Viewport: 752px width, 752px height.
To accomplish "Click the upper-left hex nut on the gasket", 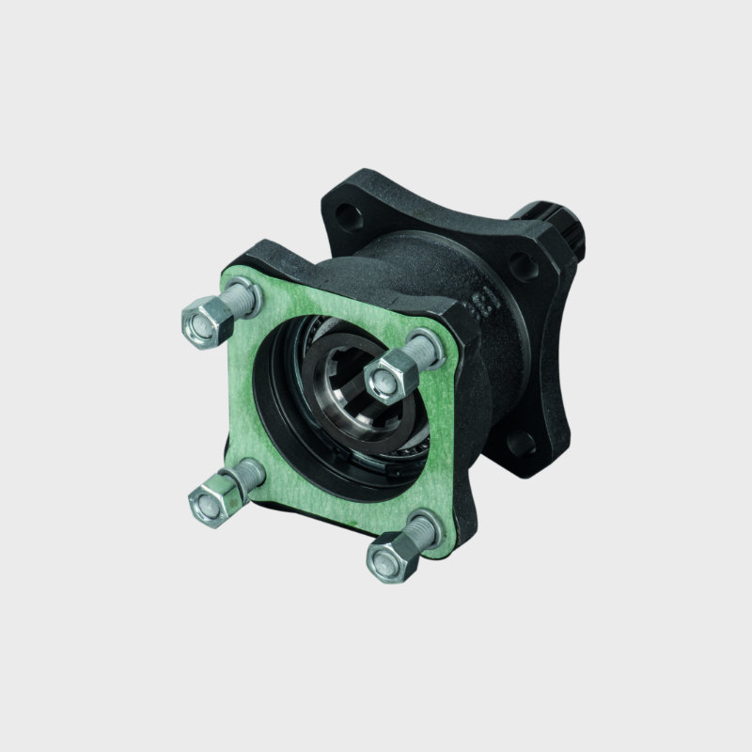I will [200, 320].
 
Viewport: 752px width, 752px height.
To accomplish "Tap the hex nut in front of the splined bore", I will [385, 376].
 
